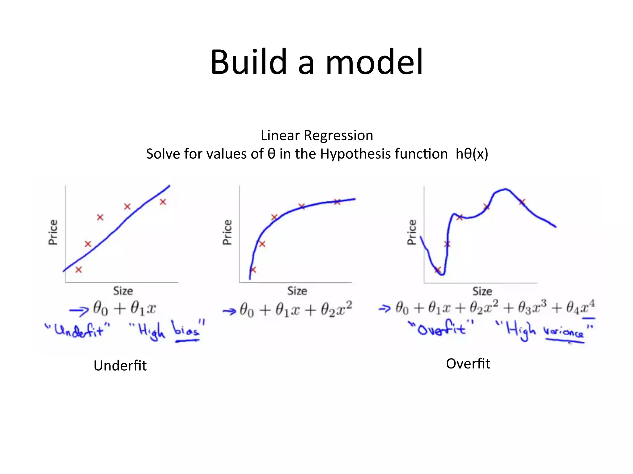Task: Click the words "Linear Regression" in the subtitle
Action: (317, 135)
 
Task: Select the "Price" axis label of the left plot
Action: (53, 232)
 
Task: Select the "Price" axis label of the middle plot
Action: (227, 232)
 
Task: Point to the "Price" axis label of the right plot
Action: (412, 232)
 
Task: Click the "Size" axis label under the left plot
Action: (123, 291)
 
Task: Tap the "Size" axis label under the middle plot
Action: (297, 291)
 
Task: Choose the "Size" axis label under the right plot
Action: (482, 291)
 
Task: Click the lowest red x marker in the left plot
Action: (79, 270)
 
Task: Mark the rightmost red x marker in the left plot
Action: (163, 202)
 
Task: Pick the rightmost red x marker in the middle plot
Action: (337, 202)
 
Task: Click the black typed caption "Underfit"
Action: (120, 366)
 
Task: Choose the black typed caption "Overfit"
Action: (468, 364)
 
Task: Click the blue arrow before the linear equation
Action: (79, 310)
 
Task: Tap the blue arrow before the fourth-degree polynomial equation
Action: (384, 308)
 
